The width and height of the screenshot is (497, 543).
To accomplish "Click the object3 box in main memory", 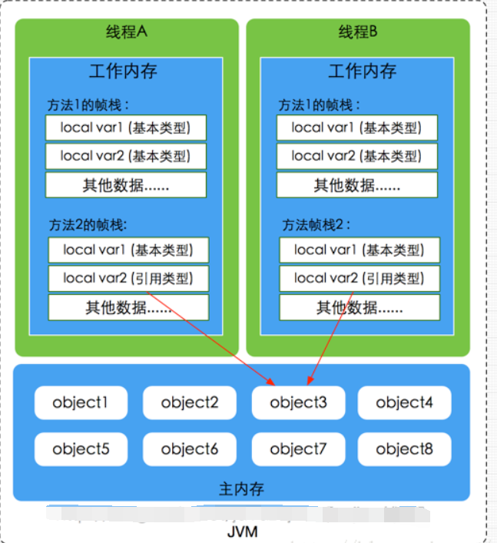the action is click(x=298, y=402).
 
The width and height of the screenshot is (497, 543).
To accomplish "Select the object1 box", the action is click(x=81, y=402).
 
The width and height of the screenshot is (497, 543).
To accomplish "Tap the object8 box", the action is click(x=404, y=449).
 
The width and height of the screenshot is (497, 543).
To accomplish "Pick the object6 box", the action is click(x=190, y=449).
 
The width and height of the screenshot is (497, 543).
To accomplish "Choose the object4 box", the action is click(x=404, y=402).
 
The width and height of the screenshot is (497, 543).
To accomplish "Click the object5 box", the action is click(x=81, y=449).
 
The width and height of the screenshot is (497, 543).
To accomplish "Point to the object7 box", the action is click(x=298, y=449).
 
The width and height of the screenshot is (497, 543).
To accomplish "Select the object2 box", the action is click(x=190, y=402).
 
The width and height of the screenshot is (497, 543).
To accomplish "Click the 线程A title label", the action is click(x=126, y=32).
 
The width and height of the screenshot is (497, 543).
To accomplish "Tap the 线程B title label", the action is click(x=358, y=32).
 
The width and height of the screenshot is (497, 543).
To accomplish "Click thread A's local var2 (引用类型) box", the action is click(x=128, y=278).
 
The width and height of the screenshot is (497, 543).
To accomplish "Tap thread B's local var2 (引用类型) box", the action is click(x=359, y=278).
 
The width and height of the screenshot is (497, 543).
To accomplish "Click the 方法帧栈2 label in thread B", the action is click(x=316, y=225).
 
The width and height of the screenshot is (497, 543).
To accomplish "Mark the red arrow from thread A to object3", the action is click(x=207, y=335).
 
